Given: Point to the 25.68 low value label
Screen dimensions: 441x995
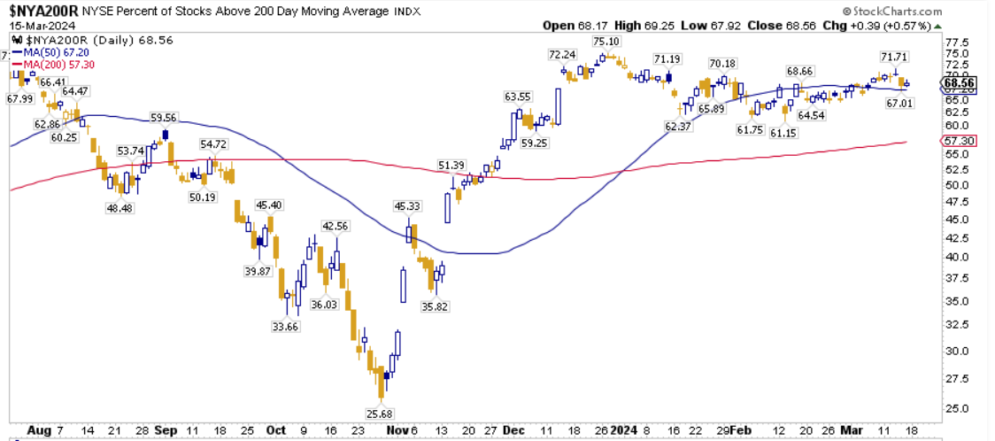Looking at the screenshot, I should [x=380, y=413].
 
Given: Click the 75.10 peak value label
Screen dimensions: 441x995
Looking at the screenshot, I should [x=605, y=41].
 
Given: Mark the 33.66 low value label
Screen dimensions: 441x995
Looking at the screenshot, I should [x=286, y=326].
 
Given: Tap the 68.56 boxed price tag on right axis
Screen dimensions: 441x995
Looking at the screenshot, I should [x=960, y=84].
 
